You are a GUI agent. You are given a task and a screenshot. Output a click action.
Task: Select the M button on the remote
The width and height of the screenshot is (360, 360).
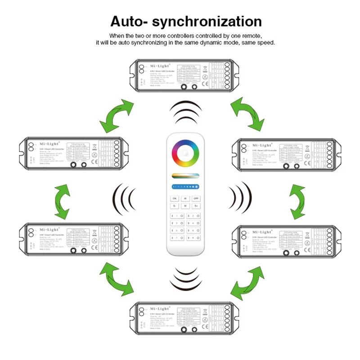coord(185,206)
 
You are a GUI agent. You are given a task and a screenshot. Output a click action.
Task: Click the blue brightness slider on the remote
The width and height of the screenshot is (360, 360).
coord(185,185)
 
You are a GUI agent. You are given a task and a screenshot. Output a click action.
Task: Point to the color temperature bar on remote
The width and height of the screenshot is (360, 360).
coord(185,175)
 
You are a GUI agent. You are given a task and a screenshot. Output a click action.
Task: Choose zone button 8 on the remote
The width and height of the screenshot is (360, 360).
coord(193,237)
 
